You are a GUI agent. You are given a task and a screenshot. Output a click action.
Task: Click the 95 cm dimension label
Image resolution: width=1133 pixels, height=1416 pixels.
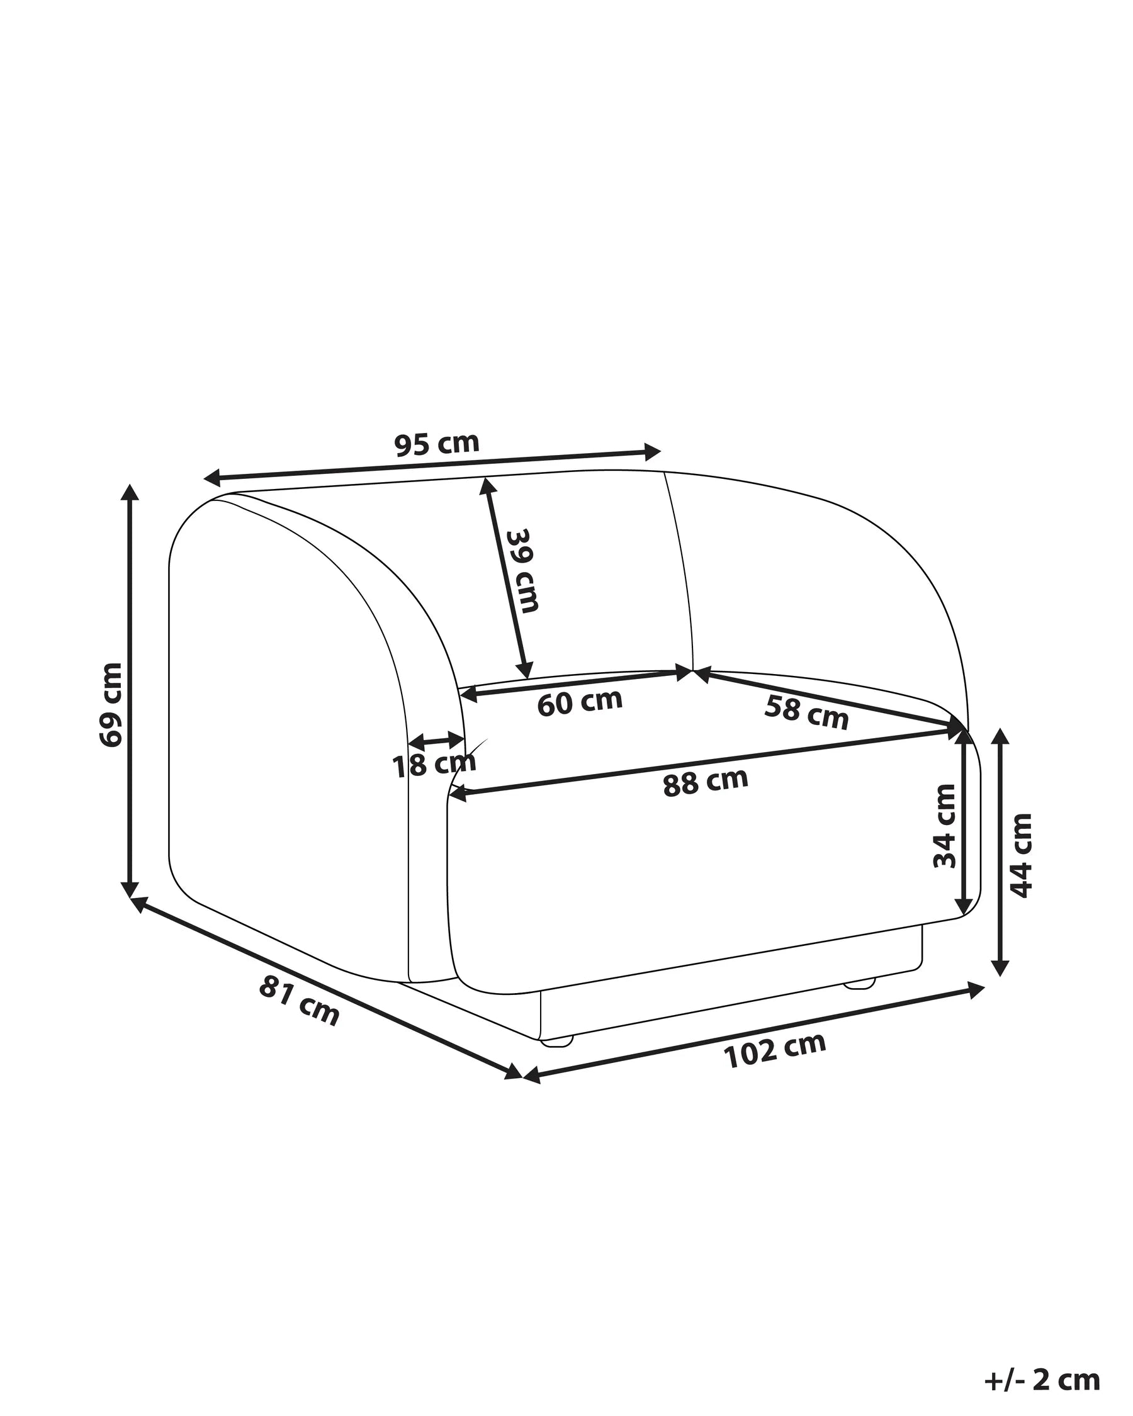[437, 445]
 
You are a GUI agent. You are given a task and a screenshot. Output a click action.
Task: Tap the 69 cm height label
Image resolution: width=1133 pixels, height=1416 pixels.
[111, 705]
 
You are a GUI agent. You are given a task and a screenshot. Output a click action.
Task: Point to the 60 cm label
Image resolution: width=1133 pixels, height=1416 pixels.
[579, 702]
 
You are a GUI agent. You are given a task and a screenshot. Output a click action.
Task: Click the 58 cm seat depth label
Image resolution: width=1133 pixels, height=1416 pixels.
[806, 712]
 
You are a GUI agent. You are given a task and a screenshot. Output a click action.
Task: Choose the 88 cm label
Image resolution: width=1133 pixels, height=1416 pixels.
[706, 782]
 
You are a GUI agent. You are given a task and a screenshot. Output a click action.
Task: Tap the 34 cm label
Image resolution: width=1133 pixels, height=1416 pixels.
[945, 826]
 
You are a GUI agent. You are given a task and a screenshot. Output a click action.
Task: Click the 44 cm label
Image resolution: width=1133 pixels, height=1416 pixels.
[1021, 855]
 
